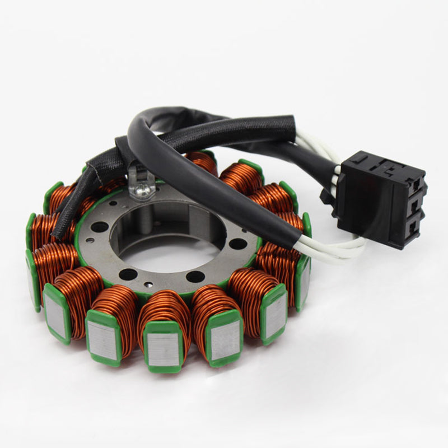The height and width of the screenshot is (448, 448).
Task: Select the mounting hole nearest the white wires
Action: [x=237, y=244]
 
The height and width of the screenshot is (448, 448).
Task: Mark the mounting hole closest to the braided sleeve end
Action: [x=99, y=227]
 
